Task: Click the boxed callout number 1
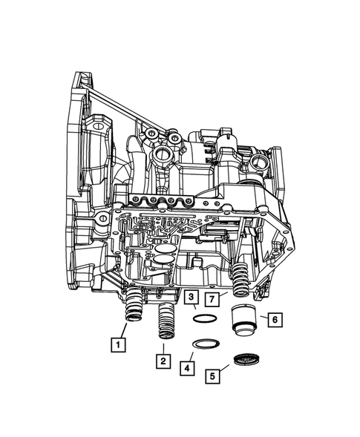117,344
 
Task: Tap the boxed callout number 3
191,299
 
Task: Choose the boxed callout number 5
215,377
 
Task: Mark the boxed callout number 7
212,299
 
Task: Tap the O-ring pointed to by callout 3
206,319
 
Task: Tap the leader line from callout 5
227,369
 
